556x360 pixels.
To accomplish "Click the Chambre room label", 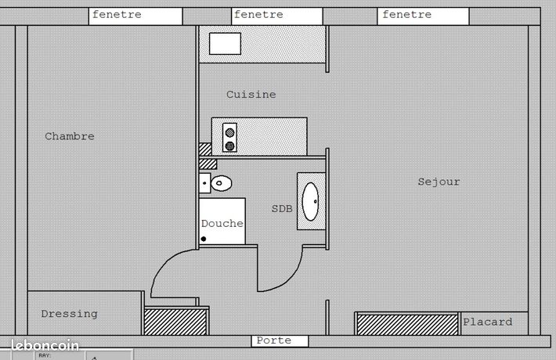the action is pyautogui.click(x=70, y=136).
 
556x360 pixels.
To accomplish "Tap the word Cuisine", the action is pyautogui.click(x=251, y=94).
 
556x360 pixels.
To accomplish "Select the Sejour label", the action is pyautogui.click(x=439, y=182).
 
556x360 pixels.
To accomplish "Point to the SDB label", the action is pyautogui.click(x=282, y=209).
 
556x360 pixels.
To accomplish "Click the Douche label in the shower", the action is pyautogui.click(x=222, y=223).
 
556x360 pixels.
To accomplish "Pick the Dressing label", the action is pyautogui.click(x=69, y=314).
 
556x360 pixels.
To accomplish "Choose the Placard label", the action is pyautogui.click(x=488, y=322).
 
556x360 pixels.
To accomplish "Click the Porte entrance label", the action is pyautogui.click(x=274, y=340).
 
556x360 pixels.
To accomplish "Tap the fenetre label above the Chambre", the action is pyautogui.click(x=117, y=15).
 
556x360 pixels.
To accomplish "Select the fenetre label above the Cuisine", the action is pyautogui.click(x=258, y=15).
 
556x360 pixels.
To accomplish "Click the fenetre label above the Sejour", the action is pyautogui.click(x=406, y=15).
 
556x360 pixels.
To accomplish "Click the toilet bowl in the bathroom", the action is pyautogui.click(x=222, y=183).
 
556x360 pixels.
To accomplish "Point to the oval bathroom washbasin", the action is pyautogui.click(x=310, y=202).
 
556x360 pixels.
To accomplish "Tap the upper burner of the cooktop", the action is pyautogui.click(x=229, y=133).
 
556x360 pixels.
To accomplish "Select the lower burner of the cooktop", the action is pyautogui.click(x=229, y=146).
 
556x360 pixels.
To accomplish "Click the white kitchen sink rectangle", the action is pyautogui.click(x=226, y=44).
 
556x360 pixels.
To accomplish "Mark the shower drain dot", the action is pyautogui.click(x=204, y=239).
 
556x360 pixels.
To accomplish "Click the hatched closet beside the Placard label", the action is pyautogui.click(x=407, y=324).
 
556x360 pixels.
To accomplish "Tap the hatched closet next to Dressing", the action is pyautogui.click(x=175, y=322).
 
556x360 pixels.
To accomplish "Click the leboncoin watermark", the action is pyautogui.click(x=45, y=345).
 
